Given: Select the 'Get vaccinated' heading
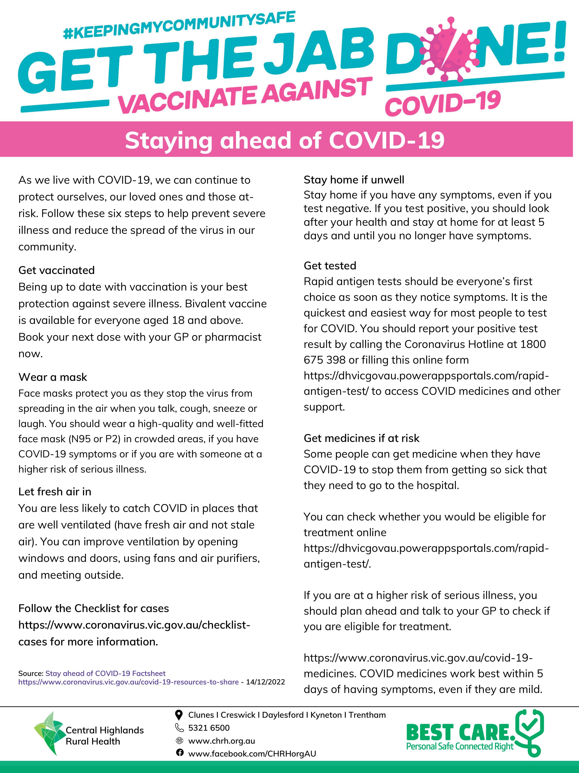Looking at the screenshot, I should [x=57, y=270].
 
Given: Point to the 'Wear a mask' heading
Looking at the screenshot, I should [x=53, y=377].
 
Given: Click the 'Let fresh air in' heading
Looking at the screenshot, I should [x=55, y=492].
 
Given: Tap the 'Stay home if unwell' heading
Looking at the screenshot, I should [x=354, y=180].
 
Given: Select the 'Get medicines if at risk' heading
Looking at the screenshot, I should [x=361, y=438].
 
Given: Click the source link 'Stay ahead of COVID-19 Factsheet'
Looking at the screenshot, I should [x=106, y=673].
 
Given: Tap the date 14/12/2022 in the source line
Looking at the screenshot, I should [x=265, y=682].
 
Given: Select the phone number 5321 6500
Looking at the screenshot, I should [x=209, y=728].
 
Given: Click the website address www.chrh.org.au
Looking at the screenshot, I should [x=221, y=741].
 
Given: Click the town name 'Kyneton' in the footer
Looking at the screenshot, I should [x=326, y=715].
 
